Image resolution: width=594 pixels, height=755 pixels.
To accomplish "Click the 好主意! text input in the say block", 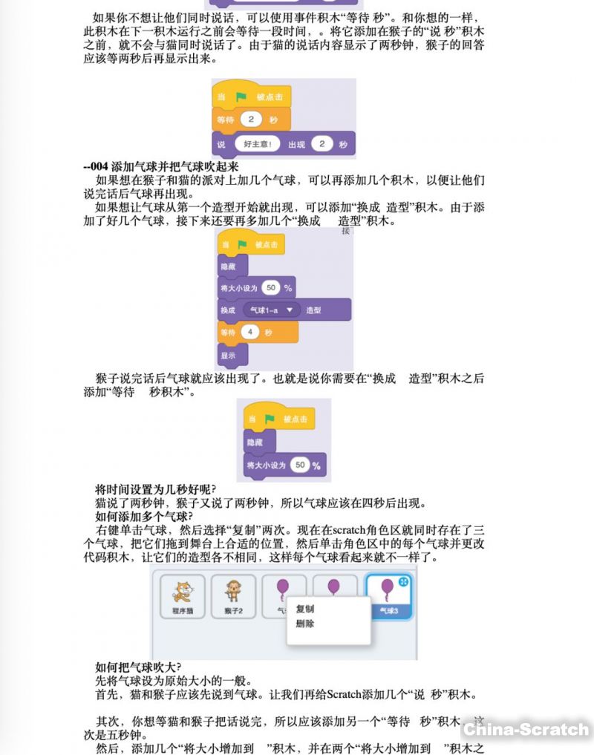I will (257, 144).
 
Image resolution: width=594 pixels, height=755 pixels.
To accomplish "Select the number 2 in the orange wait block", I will (252, 119).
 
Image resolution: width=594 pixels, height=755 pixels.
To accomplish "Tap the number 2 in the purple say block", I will (322, 144).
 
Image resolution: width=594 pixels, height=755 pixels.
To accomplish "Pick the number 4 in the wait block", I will (251, 333).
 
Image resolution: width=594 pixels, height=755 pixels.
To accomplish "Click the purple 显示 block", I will (228, 356).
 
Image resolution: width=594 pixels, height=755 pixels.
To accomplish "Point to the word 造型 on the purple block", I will (313, 310).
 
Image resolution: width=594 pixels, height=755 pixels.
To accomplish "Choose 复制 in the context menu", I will (305, 609).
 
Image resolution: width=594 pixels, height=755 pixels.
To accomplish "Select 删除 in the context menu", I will (305, 624).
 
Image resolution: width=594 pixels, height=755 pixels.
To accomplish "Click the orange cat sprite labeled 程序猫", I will (182, 596).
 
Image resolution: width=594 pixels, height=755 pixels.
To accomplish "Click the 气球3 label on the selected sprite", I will (388, 611).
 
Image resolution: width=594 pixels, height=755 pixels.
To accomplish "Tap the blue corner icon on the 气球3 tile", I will (405, 582).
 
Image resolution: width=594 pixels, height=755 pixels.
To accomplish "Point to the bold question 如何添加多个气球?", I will (144, 516).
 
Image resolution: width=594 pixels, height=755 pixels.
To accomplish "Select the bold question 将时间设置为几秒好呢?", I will (155, 489).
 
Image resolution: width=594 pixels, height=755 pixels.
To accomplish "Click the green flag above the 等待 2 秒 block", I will (241, 97).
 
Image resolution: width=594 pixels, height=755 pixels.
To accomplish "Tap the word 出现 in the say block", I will (296, 144).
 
